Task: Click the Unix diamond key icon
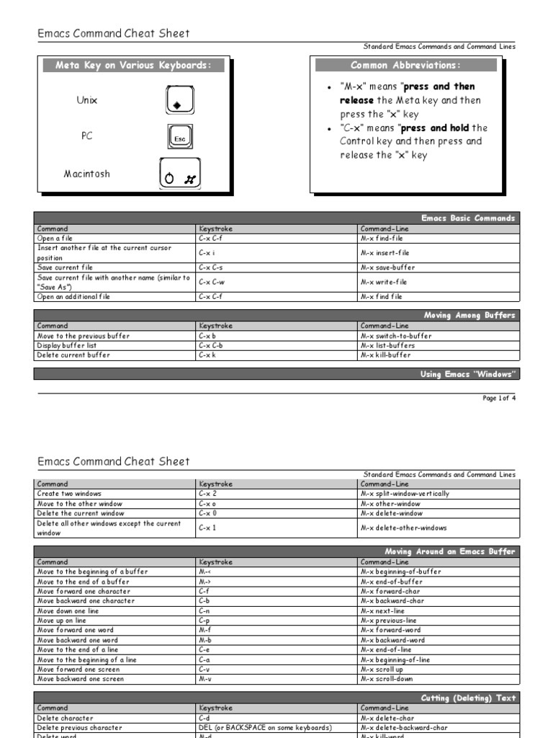(176, 100)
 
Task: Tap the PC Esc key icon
(179, 137)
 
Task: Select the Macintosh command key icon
(180, 176)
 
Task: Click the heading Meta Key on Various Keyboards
(134, 66)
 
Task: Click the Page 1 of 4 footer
(499, 398)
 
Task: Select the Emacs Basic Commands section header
(468, 218)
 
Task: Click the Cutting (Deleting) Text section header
(468, 698)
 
